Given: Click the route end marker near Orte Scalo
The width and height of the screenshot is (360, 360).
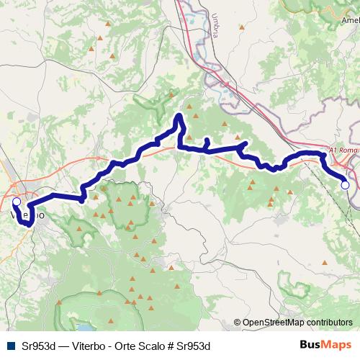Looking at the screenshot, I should [x=345, y=185].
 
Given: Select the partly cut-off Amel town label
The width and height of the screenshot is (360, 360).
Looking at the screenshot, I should [x=351, y=22].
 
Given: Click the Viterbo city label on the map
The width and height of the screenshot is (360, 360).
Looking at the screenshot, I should [x=27, y=215].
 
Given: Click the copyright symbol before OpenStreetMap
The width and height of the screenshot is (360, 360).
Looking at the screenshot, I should [x=237, y=323].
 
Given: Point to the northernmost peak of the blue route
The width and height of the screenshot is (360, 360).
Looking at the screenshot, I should [x=179, y=115].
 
